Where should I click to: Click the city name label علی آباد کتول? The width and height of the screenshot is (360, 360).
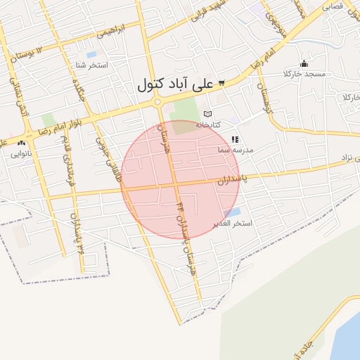pyautogui.click(x=173, y=85)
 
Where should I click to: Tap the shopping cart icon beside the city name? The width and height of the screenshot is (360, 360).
pyautogui.click(x=221, y=83)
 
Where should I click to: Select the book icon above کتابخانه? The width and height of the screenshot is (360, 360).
pyautogui.click(x=207, y=113)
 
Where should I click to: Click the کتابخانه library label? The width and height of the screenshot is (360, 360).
pyautogui.click(x=207, y=124)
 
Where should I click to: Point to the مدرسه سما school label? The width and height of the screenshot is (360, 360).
pyautogui.click(x=234, y=150)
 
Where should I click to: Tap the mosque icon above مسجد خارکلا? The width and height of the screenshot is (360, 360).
pyautogui.click(x=304, y=63)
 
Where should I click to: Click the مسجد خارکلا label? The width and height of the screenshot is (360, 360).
pyautogui.click(x=303, y=74)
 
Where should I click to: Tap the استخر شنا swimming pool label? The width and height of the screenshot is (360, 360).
pyautogui.click(x=91, y=65)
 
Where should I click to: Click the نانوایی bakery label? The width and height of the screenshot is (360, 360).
pyautogui.click(x=21, y=153)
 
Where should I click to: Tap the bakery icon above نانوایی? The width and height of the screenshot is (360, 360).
pyautogui.click(x=21, y=143)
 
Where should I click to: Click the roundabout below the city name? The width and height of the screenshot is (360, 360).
pyautogui.click(x=159, y=103)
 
